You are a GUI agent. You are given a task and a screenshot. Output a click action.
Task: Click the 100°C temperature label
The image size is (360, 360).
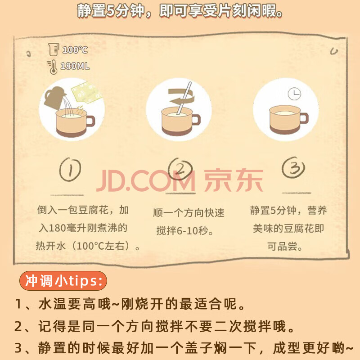tap(75, 49)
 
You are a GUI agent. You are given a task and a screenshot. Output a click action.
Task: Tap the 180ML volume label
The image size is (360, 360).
tap(75, 66)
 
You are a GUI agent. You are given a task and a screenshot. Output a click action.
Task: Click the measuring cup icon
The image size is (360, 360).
tap(54, 49)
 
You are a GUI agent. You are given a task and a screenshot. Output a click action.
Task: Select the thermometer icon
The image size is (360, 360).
tap(52, 67)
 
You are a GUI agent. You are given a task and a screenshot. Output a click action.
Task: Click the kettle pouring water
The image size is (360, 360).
tap(54, 97)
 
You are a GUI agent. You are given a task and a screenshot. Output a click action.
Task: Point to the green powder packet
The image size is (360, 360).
tap(87, 92)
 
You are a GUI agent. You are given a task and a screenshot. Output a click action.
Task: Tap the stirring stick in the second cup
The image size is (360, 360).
tap(184, 98)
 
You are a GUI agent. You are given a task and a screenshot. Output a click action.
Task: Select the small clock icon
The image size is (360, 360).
tap(295, 94)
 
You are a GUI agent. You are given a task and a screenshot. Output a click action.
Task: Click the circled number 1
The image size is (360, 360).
tap(70, 170)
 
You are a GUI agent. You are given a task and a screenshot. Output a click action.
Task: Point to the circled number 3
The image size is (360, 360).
tap(293, 167)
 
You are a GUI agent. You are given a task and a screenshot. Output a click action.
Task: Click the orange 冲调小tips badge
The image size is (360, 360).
tap(63, 280)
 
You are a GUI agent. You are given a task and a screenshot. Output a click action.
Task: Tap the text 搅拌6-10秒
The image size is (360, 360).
tap(185, 230)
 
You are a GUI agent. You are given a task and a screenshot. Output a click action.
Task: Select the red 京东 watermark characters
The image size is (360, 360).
tap(233, 180)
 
